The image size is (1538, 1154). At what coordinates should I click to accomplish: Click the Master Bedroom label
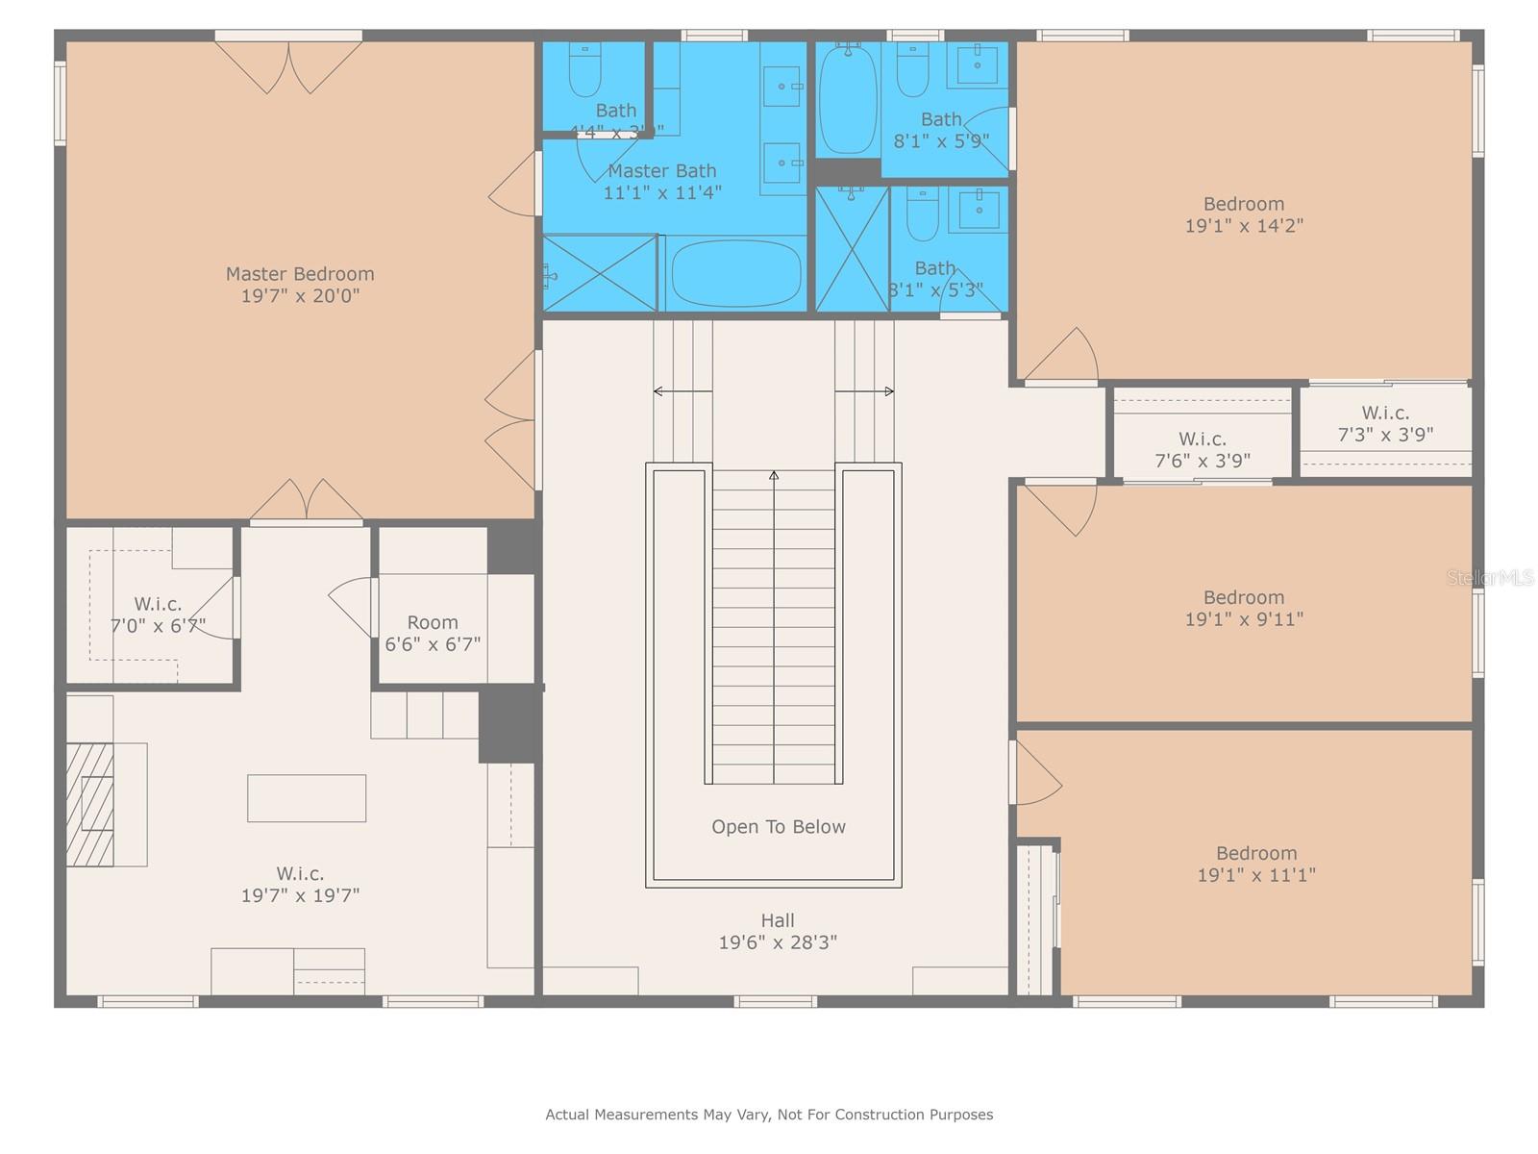(300, 274)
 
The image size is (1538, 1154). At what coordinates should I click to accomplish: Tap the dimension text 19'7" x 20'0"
(300, 296)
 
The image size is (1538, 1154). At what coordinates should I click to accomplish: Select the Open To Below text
(779, 827)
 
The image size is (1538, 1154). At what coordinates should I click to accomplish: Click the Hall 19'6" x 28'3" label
(778, 932)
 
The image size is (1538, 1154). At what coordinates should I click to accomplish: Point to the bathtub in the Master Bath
(735, 273)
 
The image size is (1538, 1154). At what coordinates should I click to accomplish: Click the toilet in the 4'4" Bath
(584, 71)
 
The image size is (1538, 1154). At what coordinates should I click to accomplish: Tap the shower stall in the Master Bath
(600, 273)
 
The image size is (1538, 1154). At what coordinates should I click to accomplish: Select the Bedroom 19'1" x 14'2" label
(1244, 214)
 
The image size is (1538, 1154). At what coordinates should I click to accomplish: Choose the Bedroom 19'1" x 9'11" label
(1244, 608)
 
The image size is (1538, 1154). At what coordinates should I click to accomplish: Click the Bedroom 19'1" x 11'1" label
(1256, 864)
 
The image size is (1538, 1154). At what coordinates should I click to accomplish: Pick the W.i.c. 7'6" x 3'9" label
(1202, 450)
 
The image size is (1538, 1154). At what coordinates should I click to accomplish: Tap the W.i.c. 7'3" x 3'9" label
(1385, 423)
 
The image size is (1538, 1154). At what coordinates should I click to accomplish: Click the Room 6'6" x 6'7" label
(433, 634)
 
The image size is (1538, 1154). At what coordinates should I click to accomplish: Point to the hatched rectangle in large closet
(90, 804)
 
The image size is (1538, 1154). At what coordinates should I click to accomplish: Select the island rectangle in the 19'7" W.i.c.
(307, 798)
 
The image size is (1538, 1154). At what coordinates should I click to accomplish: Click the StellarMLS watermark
(1491, 578)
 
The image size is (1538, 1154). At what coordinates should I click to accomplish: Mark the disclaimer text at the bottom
(769, 1115)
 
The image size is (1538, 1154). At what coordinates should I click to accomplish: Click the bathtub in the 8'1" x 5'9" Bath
(848, 100)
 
